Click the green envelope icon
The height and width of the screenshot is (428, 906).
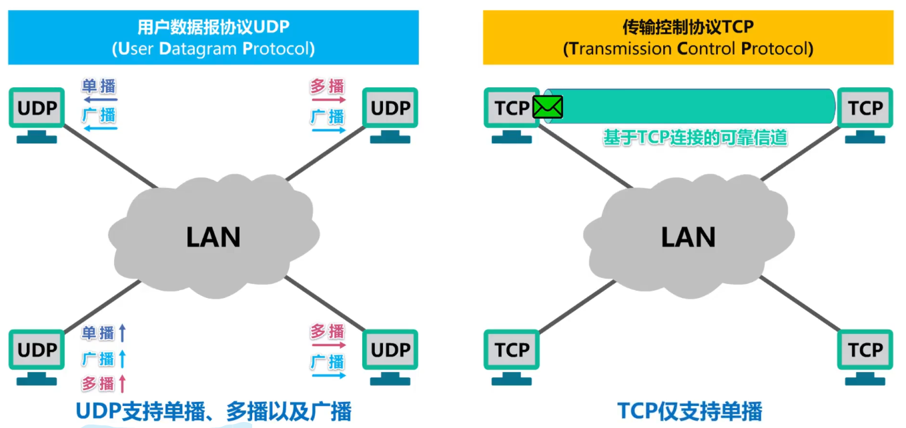click(548, 107)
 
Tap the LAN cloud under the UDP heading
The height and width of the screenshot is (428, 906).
click(213, 234)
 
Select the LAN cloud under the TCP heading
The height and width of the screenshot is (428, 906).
click(688, 234)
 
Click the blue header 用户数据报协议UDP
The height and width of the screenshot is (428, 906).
click(213, 37)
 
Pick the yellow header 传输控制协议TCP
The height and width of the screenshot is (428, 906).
click(688, 37)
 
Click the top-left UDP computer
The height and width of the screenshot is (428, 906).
click(37, 109)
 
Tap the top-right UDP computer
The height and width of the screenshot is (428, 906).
click(390, 109)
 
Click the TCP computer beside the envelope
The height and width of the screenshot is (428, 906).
click(512, 109)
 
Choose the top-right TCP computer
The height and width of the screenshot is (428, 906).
click(865, 109)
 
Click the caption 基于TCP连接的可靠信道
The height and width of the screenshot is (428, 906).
click(695, 138)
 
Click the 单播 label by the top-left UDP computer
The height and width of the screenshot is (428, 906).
click(99, 87)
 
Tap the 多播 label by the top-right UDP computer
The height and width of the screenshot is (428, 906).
click(327, 87)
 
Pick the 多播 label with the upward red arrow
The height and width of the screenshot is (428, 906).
click(98, 383)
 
